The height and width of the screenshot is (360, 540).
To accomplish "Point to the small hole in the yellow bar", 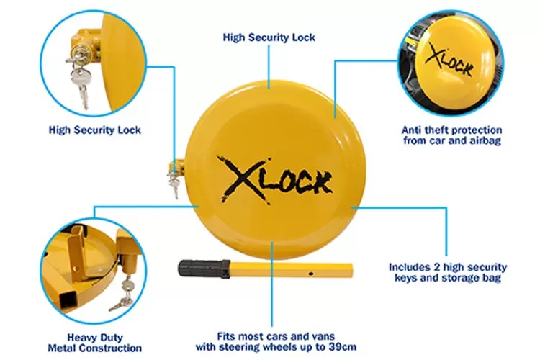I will tap(310, 272).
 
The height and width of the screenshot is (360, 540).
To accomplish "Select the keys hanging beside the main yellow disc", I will tap(174, 180).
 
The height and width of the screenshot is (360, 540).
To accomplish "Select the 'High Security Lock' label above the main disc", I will tap(269, 37).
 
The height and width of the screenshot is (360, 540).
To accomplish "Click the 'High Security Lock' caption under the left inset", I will tap(94, 130).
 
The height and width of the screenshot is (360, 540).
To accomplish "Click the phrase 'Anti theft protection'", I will tap(451, 130).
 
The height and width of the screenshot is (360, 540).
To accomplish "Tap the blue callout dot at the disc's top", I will tap(269, 86).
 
